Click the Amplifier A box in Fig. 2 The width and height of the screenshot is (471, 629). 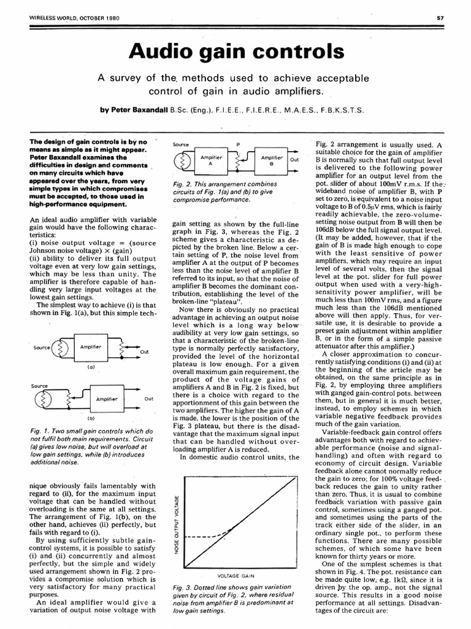[210, 161]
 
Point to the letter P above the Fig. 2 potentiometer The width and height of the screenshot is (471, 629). [237, 143]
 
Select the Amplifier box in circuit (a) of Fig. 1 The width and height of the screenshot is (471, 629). [90, 347]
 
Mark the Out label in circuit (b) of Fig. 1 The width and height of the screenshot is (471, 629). [148, 399]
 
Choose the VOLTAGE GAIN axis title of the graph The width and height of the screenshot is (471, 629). [235, 576]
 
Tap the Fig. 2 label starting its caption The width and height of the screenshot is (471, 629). [184, 184]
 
